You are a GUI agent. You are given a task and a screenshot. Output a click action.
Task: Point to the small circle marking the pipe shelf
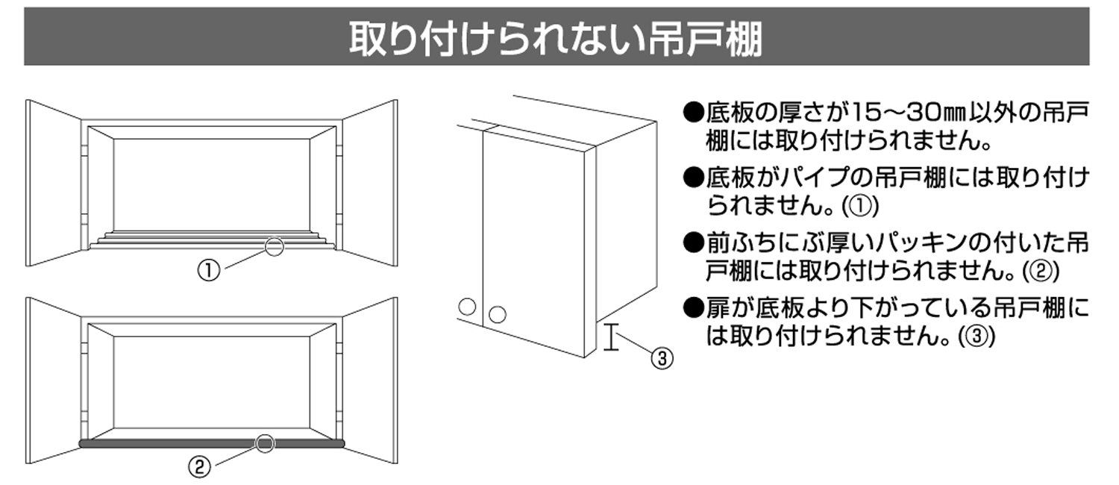click(x=275, y=247)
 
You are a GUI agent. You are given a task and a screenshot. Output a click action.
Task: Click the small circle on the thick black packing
click(x=266, y=444)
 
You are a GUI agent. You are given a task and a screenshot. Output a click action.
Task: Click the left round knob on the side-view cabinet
click(x=467, y=307)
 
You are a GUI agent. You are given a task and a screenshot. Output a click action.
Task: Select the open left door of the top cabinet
click(x=52, y=183)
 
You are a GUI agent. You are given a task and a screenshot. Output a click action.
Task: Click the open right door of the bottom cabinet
click(x=369, y=381)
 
